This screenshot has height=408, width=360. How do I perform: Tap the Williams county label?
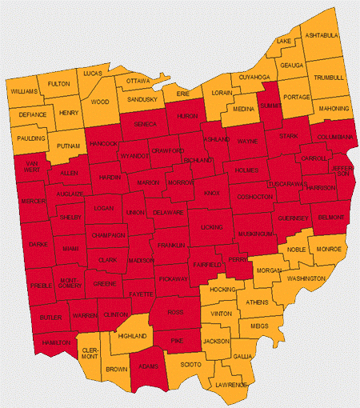point(25,92)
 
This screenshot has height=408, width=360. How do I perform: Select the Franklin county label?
point(170,243)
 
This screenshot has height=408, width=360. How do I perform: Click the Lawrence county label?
point(230,385)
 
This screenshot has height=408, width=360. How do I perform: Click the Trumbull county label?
point(328,77)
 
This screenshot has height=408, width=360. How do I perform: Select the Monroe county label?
point(328,250)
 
